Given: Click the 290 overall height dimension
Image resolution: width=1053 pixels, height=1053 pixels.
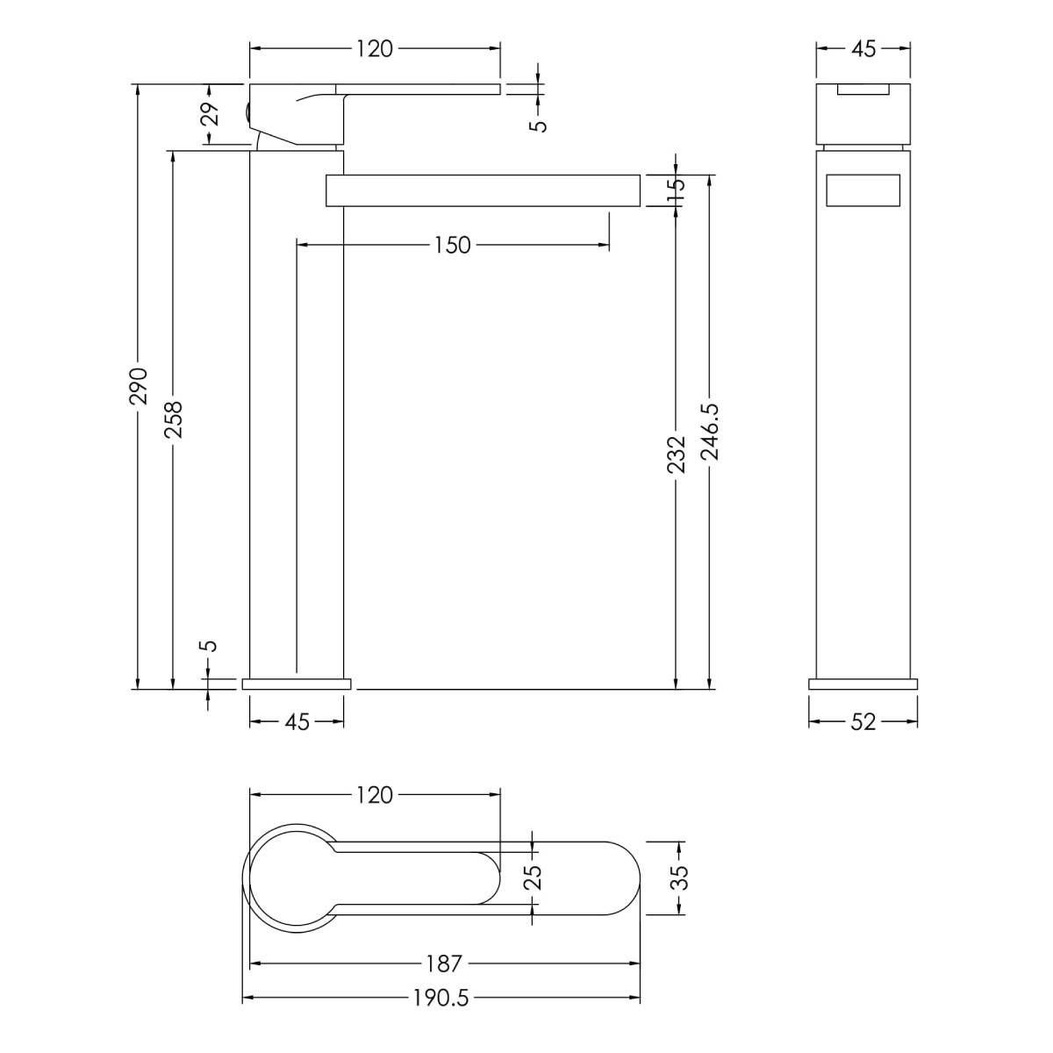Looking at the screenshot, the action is [139, 386].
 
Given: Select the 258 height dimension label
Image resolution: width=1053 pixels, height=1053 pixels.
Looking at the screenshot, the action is [174, 419].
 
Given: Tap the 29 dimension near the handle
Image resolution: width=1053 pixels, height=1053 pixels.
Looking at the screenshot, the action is [212, 114].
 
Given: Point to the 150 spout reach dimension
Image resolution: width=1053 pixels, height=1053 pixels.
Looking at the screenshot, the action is [453, 246].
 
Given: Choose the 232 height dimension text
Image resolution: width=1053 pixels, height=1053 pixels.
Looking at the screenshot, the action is [676, 454].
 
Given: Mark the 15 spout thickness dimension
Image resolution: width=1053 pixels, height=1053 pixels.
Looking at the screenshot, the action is [676, 190].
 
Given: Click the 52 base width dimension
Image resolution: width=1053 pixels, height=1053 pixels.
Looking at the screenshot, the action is [863, 722].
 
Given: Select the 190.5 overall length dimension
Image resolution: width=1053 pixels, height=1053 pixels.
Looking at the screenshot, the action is [441, 1014].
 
